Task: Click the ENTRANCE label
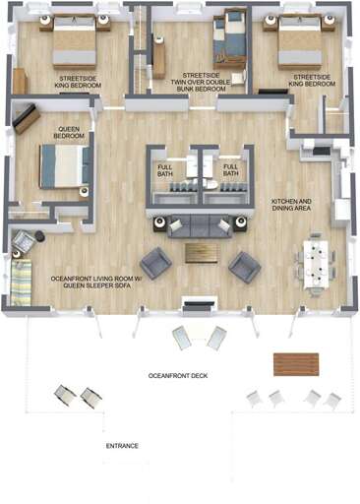(122, 446)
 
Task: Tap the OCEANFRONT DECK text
(178, 376)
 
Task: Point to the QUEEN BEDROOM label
(69, 132)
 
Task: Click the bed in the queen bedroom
(64, 165)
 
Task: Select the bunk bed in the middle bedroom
(233, 36)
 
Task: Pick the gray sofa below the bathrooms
(200, 225)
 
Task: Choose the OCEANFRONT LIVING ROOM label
(97, 283)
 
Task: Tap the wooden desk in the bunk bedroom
(158, 59)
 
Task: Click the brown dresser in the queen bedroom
(27, 119)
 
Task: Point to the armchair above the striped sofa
(24, 239)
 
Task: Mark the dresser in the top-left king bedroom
(21, 81)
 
